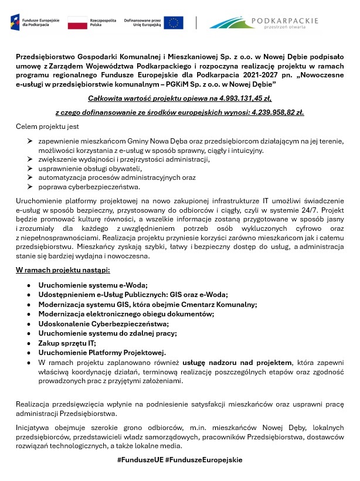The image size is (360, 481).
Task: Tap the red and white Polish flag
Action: tap(77, 23)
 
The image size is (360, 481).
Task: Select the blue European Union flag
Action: tap(174, 23)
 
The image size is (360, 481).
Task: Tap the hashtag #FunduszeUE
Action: tap(140, 460)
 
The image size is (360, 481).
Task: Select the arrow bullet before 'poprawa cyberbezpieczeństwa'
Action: tap(29, 187)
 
